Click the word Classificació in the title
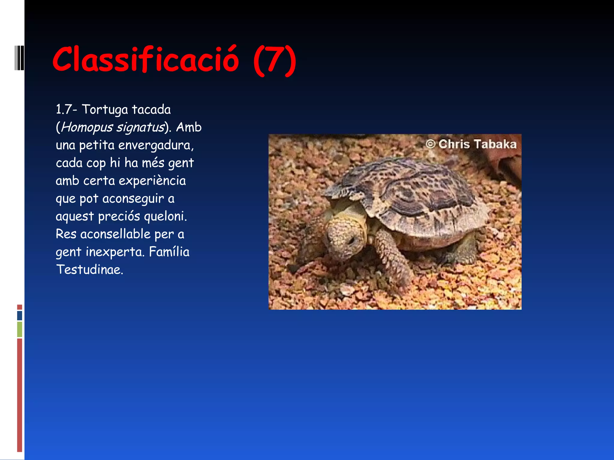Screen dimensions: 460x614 click(x=146, y=60)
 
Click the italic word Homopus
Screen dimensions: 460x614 click(x=87, y=127)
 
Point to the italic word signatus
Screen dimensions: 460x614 click(x=140, y=127)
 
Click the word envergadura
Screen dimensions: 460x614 click(x=156, y=145)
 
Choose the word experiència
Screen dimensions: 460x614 click(x=152, y=181)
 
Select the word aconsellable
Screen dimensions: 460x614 click(x=115, y=234)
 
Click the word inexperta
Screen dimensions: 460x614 click(x=115, y=252)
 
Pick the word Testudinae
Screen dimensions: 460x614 click(x=89, y=270)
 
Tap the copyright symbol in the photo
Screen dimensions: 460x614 click(x=430, y=144)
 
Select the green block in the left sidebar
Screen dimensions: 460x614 click(x=19, y=329)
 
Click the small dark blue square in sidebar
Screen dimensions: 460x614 click(x=19, y=315)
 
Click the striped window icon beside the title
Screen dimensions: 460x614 click(x=19, y=58)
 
